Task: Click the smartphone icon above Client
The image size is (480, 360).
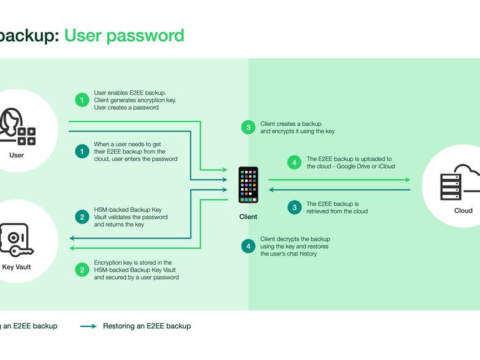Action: coord(248,184)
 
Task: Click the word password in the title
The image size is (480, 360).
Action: coord(146,35)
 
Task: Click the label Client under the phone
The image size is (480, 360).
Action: coord(248,217)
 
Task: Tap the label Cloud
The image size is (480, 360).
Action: coord(463,211)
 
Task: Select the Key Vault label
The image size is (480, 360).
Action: coord(17,267)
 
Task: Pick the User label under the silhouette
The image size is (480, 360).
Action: coord(17,154)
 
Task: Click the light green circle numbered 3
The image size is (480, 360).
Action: coord(248,128)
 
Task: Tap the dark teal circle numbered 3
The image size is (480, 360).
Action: coord(294,207)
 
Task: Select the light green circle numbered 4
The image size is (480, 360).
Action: coord(294,163)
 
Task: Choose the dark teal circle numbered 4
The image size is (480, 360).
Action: coord(248,246)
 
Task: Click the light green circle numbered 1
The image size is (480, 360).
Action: coord(82,100)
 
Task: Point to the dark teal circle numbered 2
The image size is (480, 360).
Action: coord(82,217)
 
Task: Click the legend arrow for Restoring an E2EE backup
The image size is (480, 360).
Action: coord(88,326)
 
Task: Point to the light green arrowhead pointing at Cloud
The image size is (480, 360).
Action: coord(407,180)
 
